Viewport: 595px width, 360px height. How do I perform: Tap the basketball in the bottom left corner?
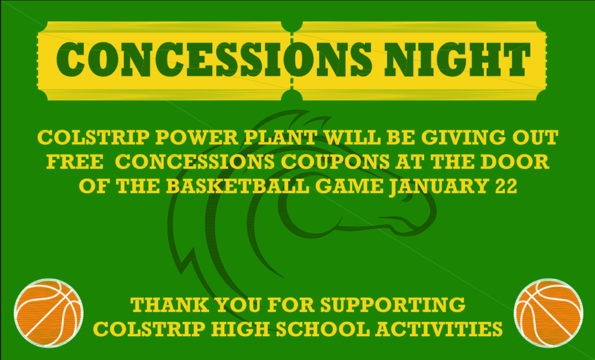[x=48, y=312]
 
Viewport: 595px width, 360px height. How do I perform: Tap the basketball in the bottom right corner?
[x=548, y=312]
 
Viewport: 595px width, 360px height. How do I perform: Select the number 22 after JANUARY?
[x=504, y=186]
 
